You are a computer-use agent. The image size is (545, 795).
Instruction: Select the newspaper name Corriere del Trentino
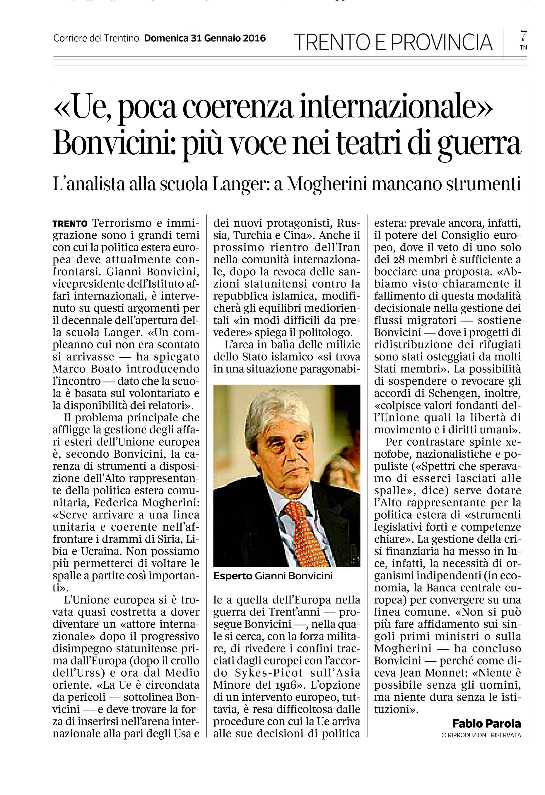pos(96,39)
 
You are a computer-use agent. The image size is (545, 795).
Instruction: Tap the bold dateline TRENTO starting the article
pos(70,224)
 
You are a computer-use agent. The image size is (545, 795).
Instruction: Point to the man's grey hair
pos(274,411)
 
